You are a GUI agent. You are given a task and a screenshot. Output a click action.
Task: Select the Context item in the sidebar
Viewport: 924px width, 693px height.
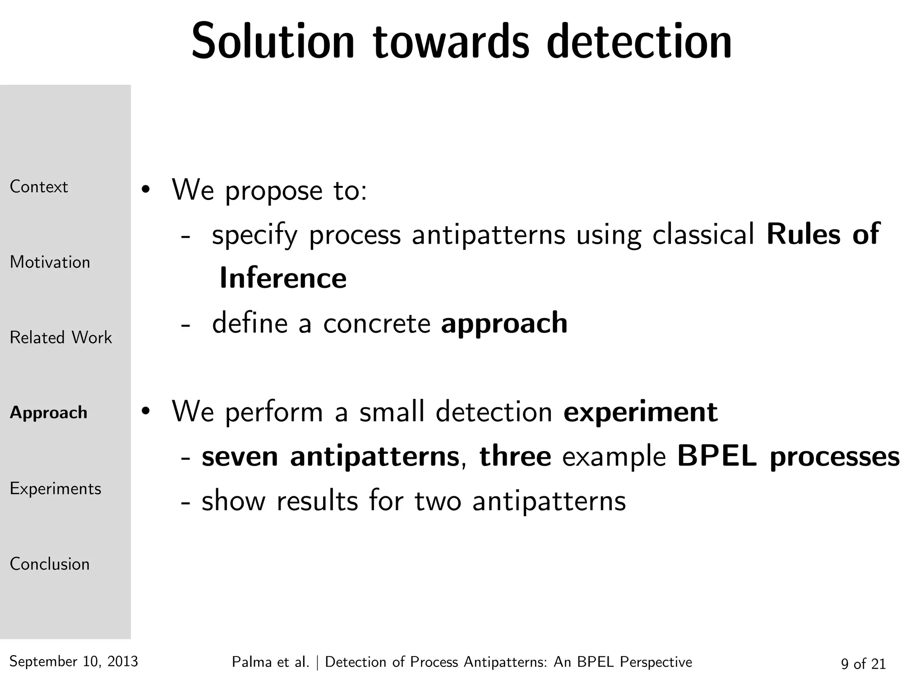tap(39, 187)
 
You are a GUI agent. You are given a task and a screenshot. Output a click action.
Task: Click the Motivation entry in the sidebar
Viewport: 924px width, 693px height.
tap(50, 262)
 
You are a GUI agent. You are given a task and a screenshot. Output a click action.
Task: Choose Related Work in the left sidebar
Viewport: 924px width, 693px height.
tap(60, 337)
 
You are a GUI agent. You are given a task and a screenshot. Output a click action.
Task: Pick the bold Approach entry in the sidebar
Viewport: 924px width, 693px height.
tap(49, 413)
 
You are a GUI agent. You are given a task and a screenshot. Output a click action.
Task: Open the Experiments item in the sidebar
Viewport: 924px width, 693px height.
tap(55, 489)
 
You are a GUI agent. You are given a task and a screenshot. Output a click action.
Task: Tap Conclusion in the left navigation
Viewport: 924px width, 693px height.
tap(50, 564)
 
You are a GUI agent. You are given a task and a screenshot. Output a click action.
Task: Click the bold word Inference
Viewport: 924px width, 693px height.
tap(283, 278)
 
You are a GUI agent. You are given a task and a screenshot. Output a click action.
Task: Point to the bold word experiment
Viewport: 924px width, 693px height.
tap(640, 412)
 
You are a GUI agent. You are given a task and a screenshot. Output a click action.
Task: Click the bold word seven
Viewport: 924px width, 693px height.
tap(240, 457)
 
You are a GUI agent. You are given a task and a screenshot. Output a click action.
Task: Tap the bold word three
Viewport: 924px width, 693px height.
tap(515, 457)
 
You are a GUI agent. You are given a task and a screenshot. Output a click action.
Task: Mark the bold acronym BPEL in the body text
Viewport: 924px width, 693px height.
tap(716, 457)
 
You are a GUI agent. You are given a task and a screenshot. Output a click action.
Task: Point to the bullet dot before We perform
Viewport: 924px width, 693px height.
tap(145, 411)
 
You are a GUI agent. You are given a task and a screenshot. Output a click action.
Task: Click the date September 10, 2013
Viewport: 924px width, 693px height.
tap(74, 661)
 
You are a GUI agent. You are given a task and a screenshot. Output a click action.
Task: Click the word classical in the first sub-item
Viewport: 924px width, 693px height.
tap(703, 235)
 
